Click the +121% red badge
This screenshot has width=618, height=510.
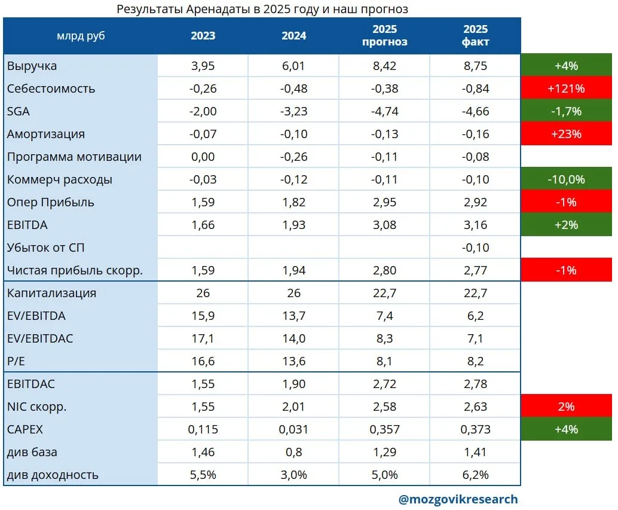pyautogui.click(x=566, y=88)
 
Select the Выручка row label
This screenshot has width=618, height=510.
pyautogui.click(x=32, y=66)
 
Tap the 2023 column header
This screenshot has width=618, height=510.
pyautogui.click(x=203, y=36)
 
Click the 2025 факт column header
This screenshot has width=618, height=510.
pyautogui.click(x=475, y=35)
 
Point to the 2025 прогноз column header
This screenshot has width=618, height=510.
pyautogui.click(x=385, y=35)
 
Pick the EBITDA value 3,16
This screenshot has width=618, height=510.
pyautogui.click(x=475, y=225)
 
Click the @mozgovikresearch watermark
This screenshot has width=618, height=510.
pyautogui.click(x=458, y=499)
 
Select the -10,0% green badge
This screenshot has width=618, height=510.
pyautogui.click(x=566, y=179)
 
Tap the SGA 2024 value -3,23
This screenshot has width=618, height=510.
pyautogui.click(x=293, y=111)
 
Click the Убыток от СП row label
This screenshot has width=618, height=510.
pyautogui.click(x=45, y=248)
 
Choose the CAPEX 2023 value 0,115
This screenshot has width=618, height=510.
pyautogui.click(x=203, y=429)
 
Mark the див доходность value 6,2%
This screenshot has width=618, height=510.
pyautogui.click(x=475, y=475)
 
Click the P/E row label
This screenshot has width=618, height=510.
pyautogui.click(x=16, y=361)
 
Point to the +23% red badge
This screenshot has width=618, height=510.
pyautogui.click(x=566, y=134)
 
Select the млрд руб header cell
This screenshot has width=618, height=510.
pyautogui.click(x=81, y=36)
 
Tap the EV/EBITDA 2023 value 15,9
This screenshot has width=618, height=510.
pyautogui.click(x=203, y=316)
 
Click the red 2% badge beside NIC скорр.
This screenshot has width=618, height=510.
pyautogui.click(x=566, y=407)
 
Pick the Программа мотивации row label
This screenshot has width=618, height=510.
pyautogui.click(x=74, y=157)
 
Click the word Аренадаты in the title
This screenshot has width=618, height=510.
pyautogui.click(x=218, y=9)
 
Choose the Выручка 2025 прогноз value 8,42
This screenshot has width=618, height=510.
pyautogui.click(x=385, y=66)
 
